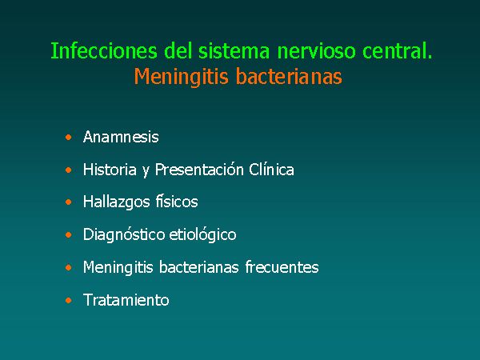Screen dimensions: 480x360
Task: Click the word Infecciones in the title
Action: click(x=104, y=50)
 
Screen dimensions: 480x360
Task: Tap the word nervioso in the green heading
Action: click(x=316, y=50)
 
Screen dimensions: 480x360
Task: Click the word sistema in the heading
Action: click(x=234, y=50)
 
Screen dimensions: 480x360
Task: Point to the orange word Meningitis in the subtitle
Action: click(x=182, y=76)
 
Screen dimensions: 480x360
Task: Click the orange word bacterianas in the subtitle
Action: click(x=289, y=76)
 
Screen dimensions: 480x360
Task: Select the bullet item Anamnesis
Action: click(x=121, y=137)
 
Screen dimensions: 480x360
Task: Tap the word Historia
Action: click(x=110, y=170)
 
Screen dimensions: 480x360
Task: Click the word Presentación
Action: click(x=199, y=170)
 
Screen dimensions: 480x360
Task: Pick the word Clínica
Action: click(x=271, y=170)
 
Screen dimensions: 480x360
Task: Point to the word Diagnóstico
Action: click(x=124, y=234)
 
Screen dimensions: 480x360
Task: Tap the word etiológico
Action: click(x=202, y=234)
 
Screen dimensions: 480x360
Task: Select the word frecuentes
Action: click(x=282, y=267)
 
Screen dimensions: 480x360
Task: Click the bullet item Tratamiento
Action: click(x=126, y=300)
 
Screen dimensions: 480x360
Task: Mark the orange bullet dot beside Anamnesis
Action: click(x=69, y=137)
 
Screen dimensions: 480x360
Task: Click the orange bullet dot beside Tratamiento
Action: click(x=69, y=300)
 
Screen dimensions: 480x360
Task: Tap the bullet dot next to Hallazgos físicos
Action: click(x=69, y=202)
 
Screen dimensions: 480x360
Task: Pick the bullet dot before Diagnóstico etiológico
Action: click(x=69, y=234)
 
